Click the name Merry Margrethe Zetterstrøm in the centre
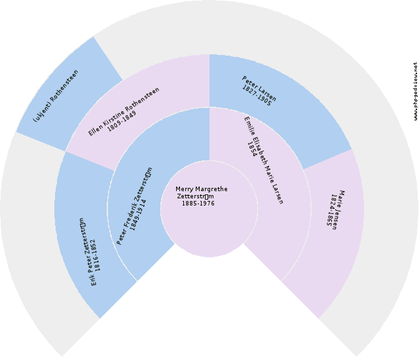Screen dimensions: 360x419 tap(202, 193)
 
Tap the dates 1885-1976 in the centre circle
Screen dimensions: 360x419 tap(198, 204)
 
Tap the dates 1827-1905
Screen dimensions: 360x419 tap(256, 96)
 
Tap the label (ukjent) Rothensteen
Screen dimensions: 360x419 tap(56, 96)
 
